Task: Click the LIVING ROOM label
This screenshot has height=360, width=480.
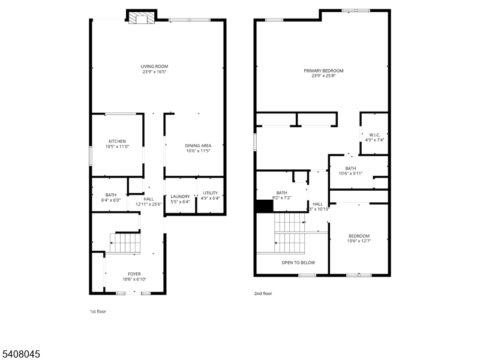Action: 154,69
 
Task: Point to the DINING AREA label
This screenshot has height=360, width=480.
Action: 197,148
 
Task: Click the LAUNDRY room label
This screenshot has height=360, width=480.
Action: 180,199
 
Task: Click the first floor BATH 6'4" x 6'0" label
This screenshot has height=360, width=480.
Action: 111,197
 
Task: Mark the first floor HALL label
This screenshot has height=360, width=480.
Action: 148,202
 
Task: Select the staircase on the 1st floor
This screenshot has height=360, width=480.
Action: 126,243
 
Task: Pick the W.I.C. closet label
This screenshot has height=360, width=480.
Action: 374,137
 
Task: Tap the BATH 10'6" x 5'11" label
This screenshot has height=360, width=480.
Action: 350,171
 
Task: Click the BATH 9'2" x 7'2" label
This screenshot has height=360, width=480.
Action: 281,195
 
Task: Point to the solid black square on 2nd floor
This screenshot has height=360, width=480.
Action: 264,206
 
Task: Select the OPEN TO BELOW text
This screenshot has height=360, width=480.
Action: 298,263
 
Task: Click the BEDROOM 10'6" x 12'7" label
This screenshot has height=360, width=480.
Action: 359,239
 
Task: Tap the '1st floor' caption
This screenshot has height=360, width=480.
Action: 98,311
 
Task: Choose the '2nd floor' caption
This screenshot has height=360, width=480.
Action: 263,293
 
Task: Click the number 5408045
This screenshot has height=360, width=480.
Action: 20,355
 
